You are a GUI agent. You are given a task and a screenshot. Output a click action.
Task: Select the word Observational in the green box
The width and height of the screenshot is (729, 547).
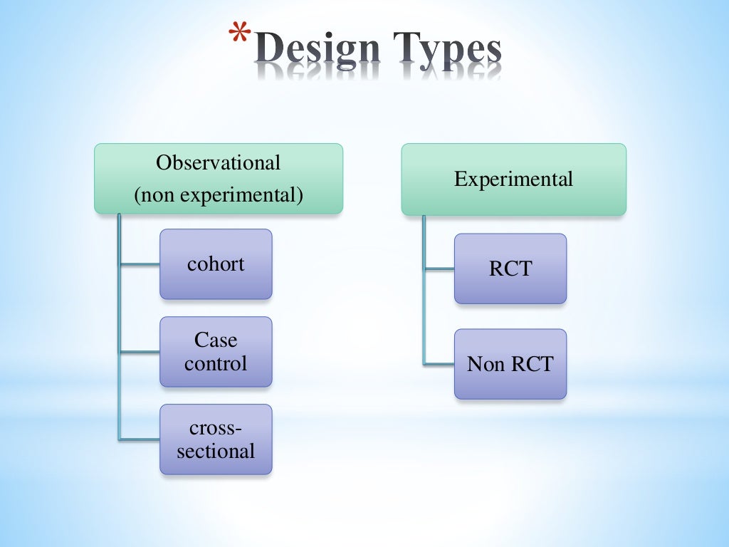pyautogui.click(x=219, y=163)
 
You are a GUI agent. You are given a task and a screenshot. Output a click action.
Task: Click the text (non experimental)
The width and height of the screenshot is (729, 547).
pyautogui.click(x=219, y=194)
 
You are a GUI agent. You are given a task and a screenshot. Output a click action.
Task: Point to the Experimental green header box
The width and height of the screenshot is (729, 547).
pyautogui.click(x=513, y=179)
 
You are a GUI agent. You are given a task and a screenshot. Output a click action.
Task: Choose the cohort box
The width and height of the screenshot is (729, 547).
pyautogui.click(x=216, y=264)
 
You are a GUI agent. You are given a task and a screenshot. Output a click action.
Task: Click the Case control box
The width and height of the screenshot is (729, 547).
pyautogui.click(x=216, y=352)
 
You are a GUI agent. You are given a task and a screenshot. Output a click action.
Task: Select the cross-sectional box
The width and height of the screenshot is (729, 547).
pyautogui.click(x=216, y=439)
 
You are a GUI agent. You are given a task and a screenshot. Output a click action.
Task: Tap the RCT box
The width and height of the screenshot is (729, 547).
pyautogui.click(x=510, y=269)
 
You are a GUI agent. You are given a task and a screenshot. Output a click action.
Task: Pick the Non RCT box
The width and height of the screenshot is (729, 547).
pyautogui.click(x=510, y=364)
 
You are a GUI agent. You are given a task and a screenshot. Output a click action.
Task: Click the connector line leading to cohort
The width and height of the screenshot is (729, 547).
pyautogui.click(x=140, y=265)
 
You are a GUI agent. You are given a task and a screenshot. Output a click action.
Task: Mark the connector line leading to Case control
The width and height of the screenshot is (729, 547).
pyautogui.click(x=140, y=352)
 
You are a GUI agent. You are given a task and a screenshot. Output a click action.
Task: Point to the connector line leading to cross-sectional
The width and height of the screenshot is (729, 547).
pyautogui.click(x=140, y=438)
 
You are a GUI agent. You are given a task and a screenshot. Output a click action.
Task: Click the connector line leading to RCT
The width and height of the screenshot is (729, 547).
pyautogui.click(x=439, y=269)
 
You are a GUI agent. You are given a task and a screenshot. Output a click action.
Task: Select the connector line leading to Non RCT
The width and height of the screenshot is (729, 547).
pyautogui.click(x=439, y=364)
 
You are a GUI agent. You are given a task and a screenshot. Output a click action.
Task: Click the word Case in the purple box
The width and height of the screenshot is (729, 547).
pyautogui.click(x=216, y=340)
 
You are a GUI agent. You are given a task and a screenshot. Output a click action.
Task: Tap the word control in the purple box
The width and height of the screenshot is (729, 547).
pyautogui.click(x=216, y=363)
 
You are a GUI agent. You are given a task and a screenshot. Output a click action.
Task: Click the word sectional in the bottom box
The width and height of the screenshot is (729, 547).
pyautogui.click(x=216, y=451)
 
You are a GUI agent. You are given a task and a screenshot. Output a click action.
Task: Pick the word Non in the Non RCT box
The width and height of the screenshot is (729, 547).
pyautogui.click(x=483, y=364)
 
